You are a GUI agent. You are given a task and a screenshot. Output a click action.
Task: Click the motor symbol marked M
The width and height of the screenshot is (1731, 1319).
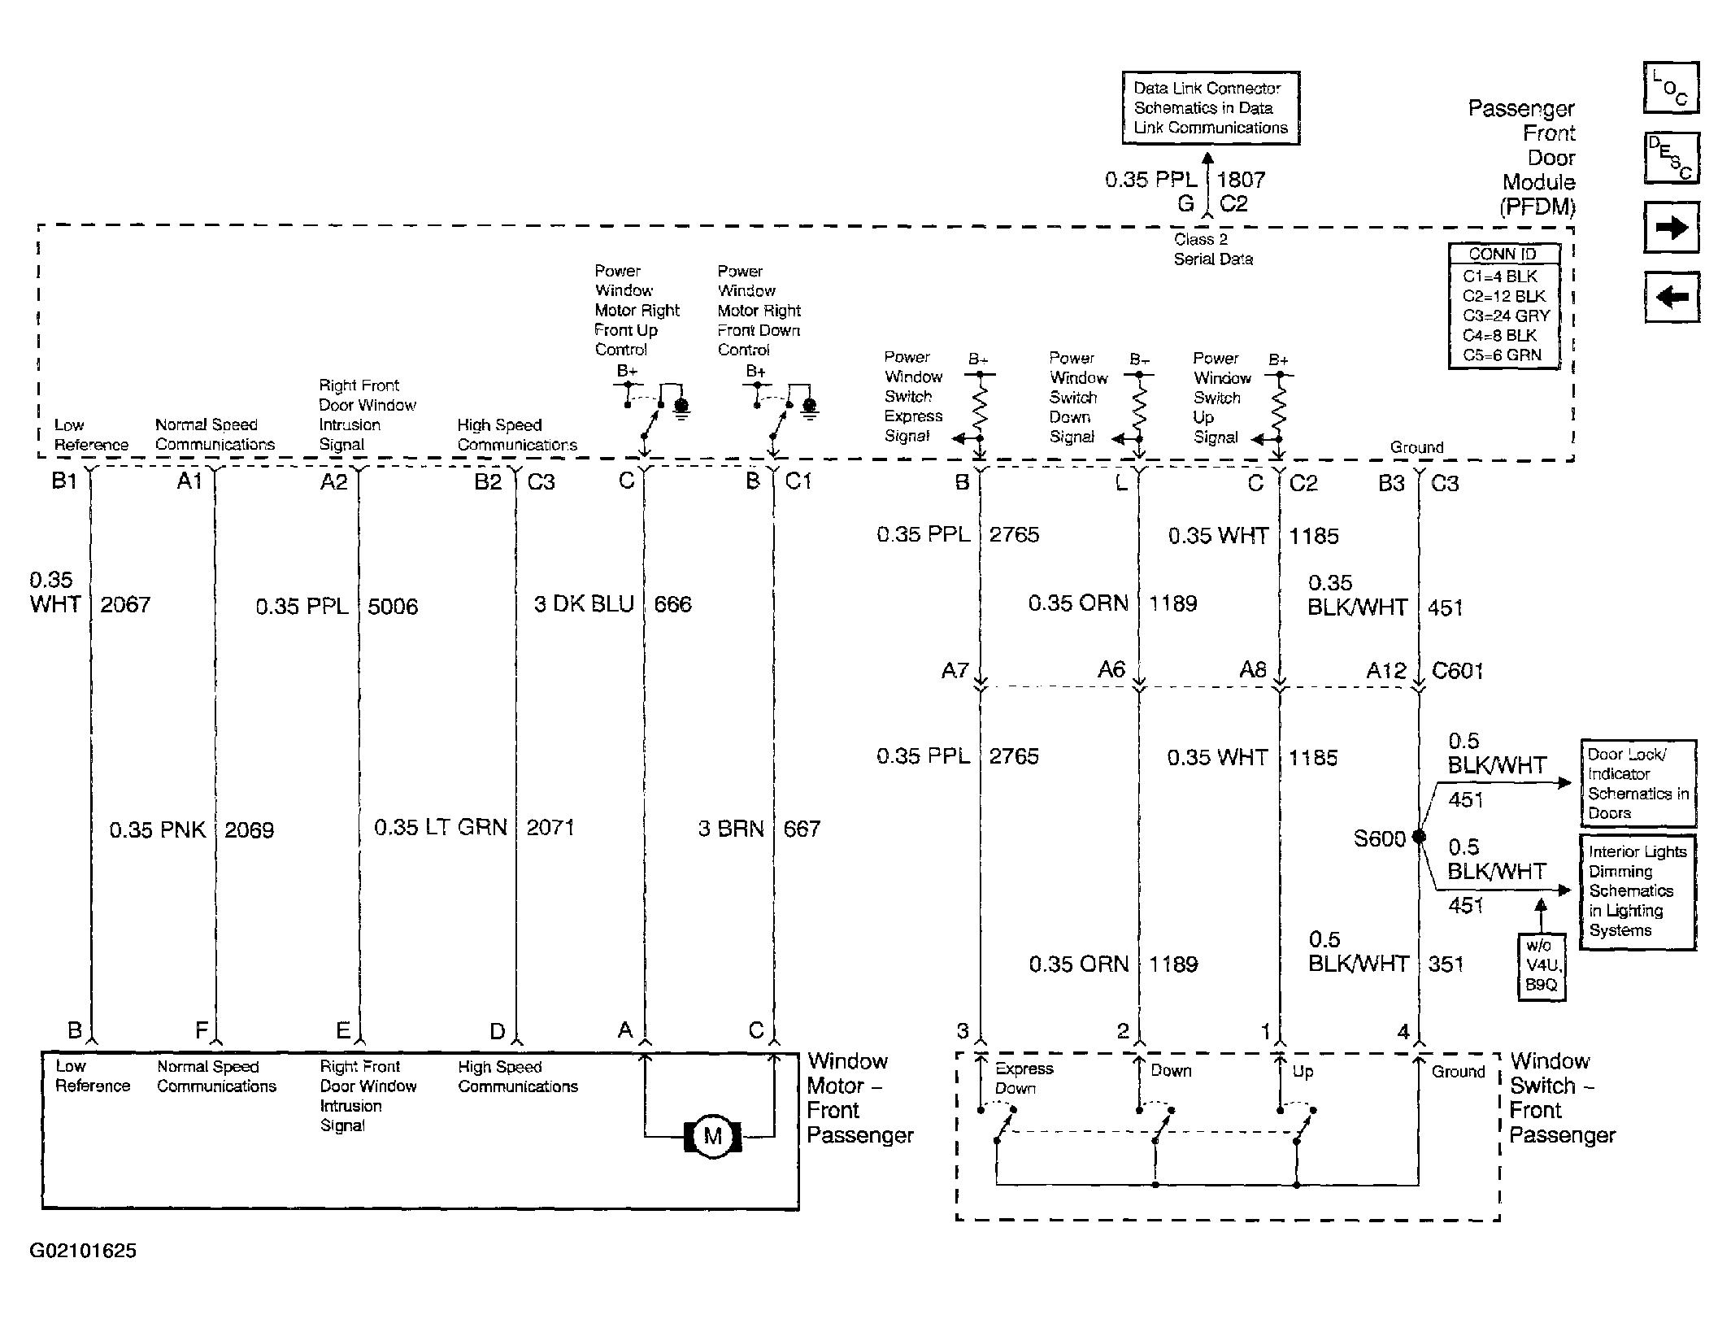712,1135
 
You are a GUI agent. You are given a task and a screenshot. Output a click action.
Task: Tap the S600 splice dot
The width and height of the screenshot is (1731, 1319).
1419,836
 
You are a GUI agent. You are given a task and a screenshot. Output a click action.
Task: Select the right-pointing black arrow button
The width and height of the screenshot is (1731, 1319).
1672,228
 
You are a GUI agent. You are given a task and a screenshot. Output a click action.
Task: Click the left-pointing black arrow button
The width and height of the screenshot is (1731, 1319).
1672,296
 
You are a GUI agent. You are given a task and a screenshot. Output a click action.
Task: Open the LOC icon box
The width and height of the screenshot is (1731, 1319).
1671,87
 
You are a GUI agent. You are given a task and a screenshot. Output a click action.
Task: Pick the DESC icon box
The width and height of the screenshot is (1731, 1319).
1671,158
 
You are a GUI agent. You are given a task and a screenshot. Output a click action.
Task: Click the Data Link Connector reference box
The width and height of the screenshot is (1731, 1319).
1211,108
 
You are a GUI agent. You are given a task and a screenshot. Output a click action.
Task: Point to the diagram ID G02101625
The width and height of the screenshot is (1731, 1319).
83,1251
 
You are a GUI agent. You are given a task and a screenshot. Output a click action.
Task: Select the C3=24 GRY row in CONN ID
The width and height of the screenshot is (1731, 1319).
1506,316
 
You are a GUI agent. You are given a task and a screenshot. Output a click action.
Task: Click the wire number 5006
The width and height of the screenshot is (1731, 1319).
393,607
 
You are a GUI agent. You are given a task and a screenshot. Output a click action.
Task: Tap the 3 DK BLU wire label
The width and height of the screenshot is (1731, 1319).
583,604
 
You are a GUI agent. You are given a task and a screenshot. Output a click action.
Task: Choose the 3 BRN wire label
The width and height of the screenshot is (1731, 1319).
731,829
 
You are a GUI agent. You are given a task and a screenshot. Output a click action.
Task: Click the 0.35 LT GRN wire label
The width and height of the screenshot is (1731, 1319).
440,828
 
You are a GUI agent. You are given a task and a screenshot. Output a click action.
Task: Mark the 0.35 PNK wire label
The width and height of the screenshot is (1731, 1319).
158,830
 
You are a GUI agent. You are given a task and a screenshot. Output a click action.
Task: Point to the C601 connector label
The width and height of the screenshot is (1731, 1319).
1458,671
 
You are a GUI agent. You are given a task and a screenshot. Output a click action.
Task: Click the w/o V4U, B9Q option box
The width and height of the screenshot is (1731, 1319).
1542,965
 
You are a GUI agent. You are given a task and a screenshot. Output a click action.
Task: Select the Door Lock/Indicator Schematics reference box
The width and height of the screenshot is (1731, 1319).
1637,783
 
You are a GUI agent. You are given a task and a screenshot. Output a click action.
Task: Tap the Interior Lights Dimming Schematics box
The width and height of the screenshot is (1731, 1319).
1637,891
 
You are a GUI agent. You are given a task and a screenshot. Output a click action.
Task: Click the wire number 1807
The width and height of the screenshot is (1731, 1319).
1241,180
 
